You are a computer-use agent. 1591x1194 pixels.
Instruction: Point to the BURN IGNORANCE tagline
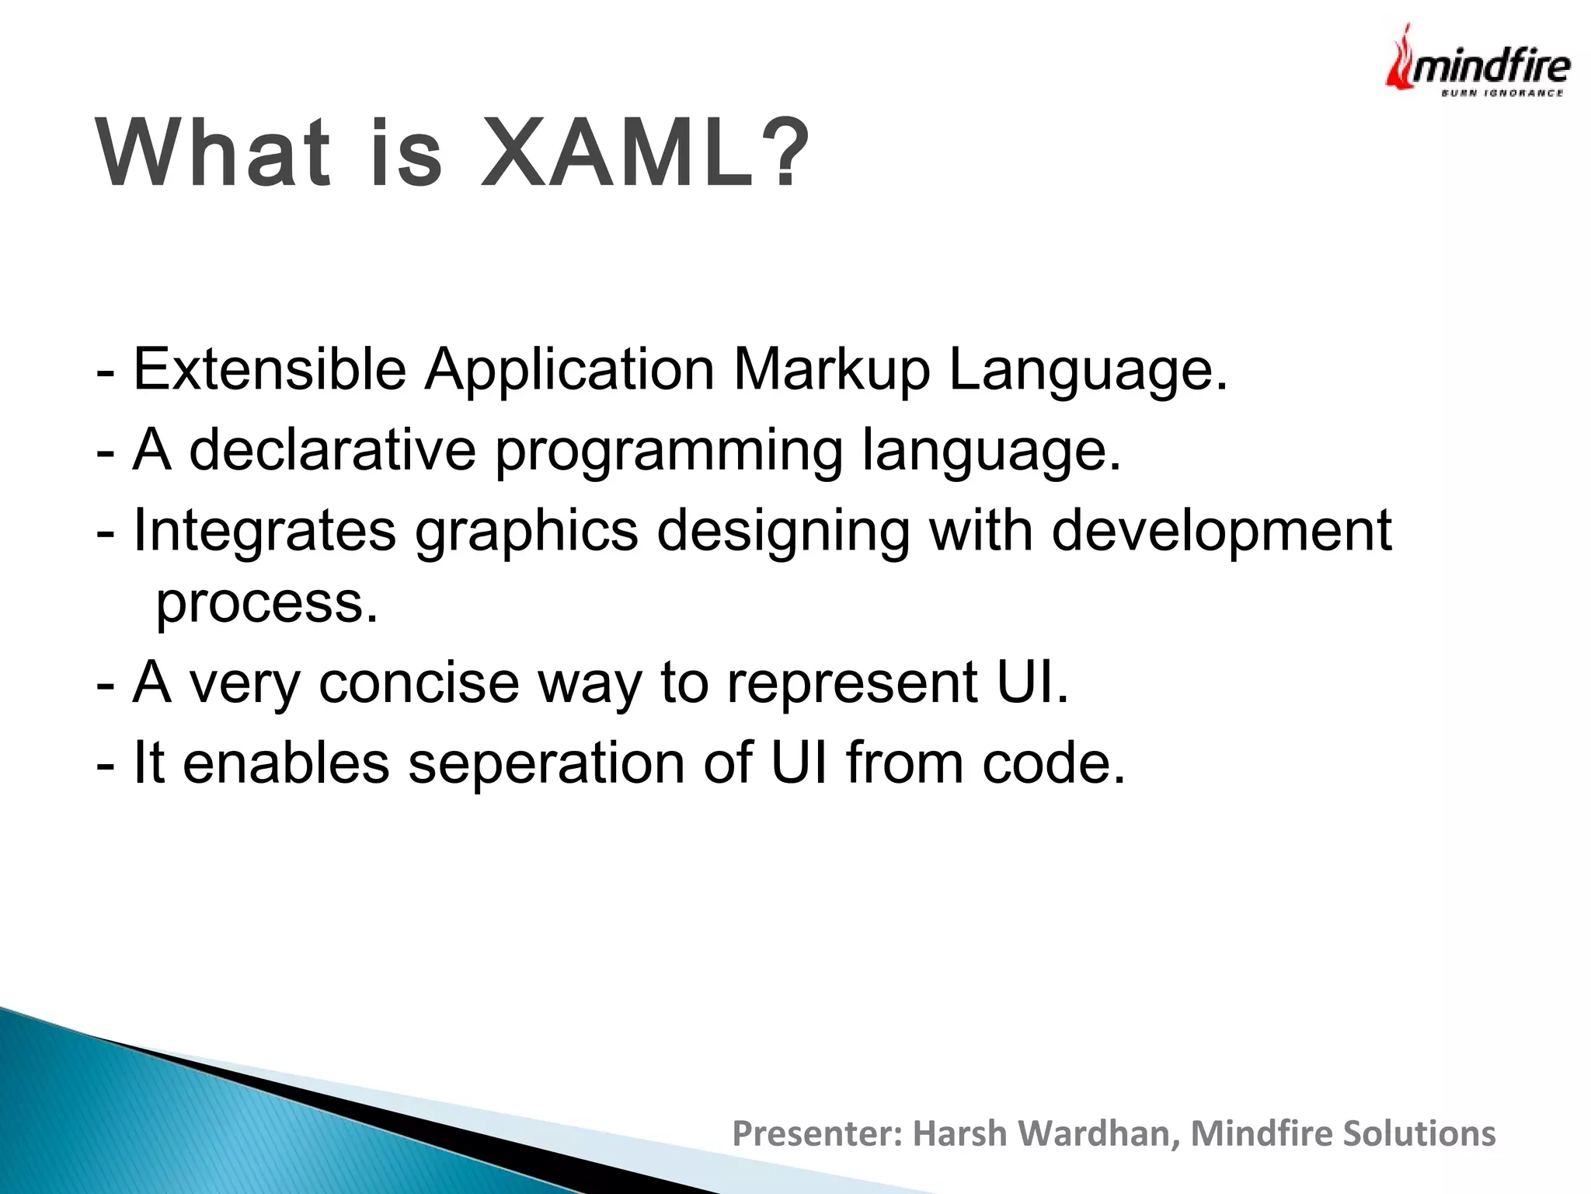[1502, 93]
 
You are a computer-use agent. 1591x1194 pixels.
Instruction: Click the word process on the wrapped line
[266, 604]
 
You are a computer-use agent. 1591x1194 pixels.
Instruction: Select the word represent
[852, 684]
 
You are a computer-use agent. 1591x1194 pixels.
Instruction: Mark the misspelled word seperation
[546, 763]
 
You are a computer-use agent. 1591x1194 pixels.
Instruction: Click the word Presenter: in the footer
[817, 1133]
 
